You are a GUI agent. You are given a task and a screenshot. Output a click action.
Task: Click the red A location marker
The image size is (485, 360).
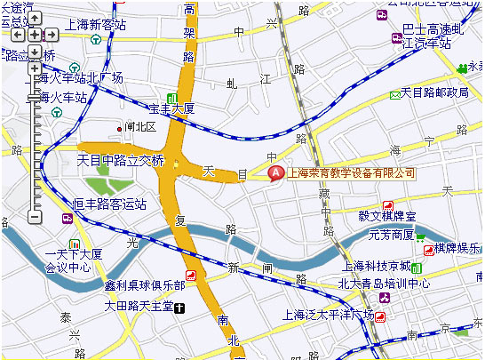tap(275, 172)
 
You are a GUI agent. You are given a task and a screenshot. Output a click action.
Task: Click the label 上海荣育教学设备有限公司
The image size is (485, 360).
tap(353, 172)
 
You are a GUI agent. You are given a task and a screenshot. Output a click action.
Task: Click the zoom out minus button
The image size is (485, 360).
tap(35, 216)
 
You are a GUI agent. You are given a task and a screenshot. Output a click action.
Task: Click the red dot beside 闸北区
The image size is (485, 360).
tap(120, 128)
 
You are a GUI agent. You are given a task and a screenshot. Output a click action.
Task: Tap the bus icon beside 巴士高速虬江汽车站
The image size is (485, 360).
tap(395, 38)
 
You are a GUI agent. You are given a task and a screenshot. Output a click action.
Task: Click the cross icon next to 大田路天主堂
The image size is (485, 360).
tap(180, 308)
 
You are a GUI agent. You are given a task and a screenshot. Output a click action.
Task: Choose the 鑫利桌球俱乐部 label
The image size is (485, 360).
tap(144, 284)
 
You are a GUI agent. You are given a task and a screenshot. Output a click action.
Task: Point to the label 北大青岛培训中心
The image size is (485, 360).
tap(384, 284)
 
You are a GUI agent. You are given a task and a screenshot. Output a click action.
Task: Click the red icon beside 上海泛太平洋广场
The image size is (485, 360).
tap(381, 316)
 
